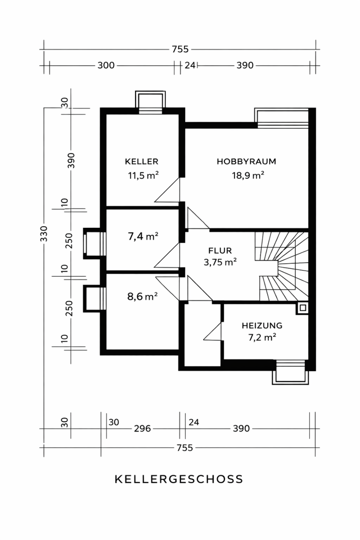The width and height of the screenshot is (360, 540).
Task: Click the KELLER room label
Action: (x=142, y=161)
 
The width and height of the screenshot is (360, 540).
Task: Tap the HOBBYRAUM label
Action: (x=246, y=161)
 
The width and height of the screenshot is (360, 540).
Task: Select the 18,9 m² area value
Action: (x=247, y=175)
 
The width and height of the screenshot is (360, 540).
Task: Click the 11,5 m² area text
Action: (x=143, y=175)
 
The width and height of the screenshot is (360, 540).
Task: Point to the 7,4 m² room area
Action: (x=143, y=236)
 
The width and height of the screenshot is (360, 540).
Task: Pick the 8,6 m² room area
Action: (x=143, y=296)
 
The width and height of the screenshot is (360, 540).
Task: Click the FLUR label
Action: (x=220, y=250)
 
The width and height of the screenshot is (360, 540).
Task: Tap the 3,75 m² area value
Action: (x=220, y=262)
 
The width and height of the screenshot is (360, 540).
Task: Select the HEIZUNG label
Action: (x=262, y=326)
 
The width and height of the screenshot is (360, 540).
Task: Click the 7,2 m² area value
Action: (x=262, y=337)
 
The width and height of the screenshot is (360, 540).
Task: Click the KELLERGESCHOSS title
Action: (x=179, y=479)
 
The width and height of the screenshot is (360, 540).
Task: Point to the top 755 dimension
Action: (x=180, y=49)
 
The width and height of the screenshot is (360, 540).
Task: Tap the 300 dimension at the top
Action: (x=106, y=65)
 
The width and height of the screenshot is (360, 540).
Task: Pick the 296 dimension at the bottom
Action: (x=142, y=429)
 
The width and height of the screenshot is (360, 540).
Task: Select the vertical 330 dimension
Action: (x=44, y=233)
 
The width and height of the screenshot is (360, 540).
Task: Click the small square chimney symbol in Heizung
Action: (x=303, y=308)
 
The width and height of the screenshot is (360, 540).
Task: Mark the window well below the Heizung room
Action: (x=290, y=372)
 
